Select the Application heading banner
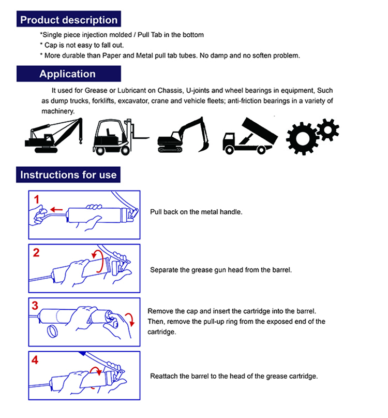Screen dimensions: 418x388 coord(67,74)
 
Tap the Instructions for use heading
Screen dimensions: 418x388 coord(68,175)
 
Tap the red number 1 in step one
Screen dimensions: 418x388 coord(36,199)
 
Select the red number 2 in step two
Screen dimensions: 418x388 coord(36,253)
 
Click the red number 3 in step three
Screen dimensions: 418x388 coord(36,306)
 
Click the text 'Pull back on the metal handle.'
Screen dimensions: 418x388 coord(196,212)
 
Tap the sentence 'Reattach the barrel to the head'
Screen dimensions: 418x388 coord(234,376)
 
